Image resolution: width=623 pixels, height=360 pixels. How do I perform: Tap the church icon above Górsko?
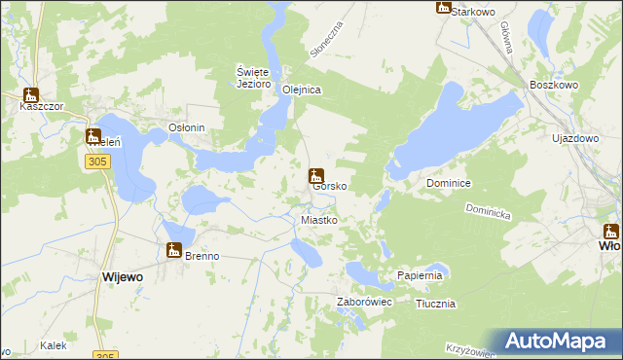(x=315, y=176)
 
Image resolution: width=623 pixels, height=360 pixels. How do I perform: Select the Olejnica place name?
(x=302, y=90)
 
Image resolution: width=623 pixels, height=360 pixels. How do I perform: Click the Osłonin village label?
(x=187, y=127)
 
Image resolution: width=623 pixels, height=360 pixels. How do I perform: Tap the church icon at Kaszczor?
(x=30, y=95)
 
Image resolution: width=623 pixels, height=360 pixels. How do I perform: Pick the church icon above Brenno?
(x=174, y=250)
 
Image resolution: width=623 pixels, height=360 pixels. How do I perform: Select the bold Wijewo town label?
(x=123, y=277)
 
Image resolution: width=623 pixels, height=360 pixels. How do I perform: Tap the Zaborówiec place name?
(x=364, y=303)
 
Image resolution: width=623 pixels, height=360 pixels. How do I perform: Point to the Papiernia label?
(x=421, y=276)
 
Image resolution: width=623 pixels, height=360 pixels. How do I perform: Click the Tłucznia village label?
(x=435, y=304)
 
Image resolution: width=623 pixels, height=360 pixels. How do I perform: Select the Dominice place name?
(x=449, y=183)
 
